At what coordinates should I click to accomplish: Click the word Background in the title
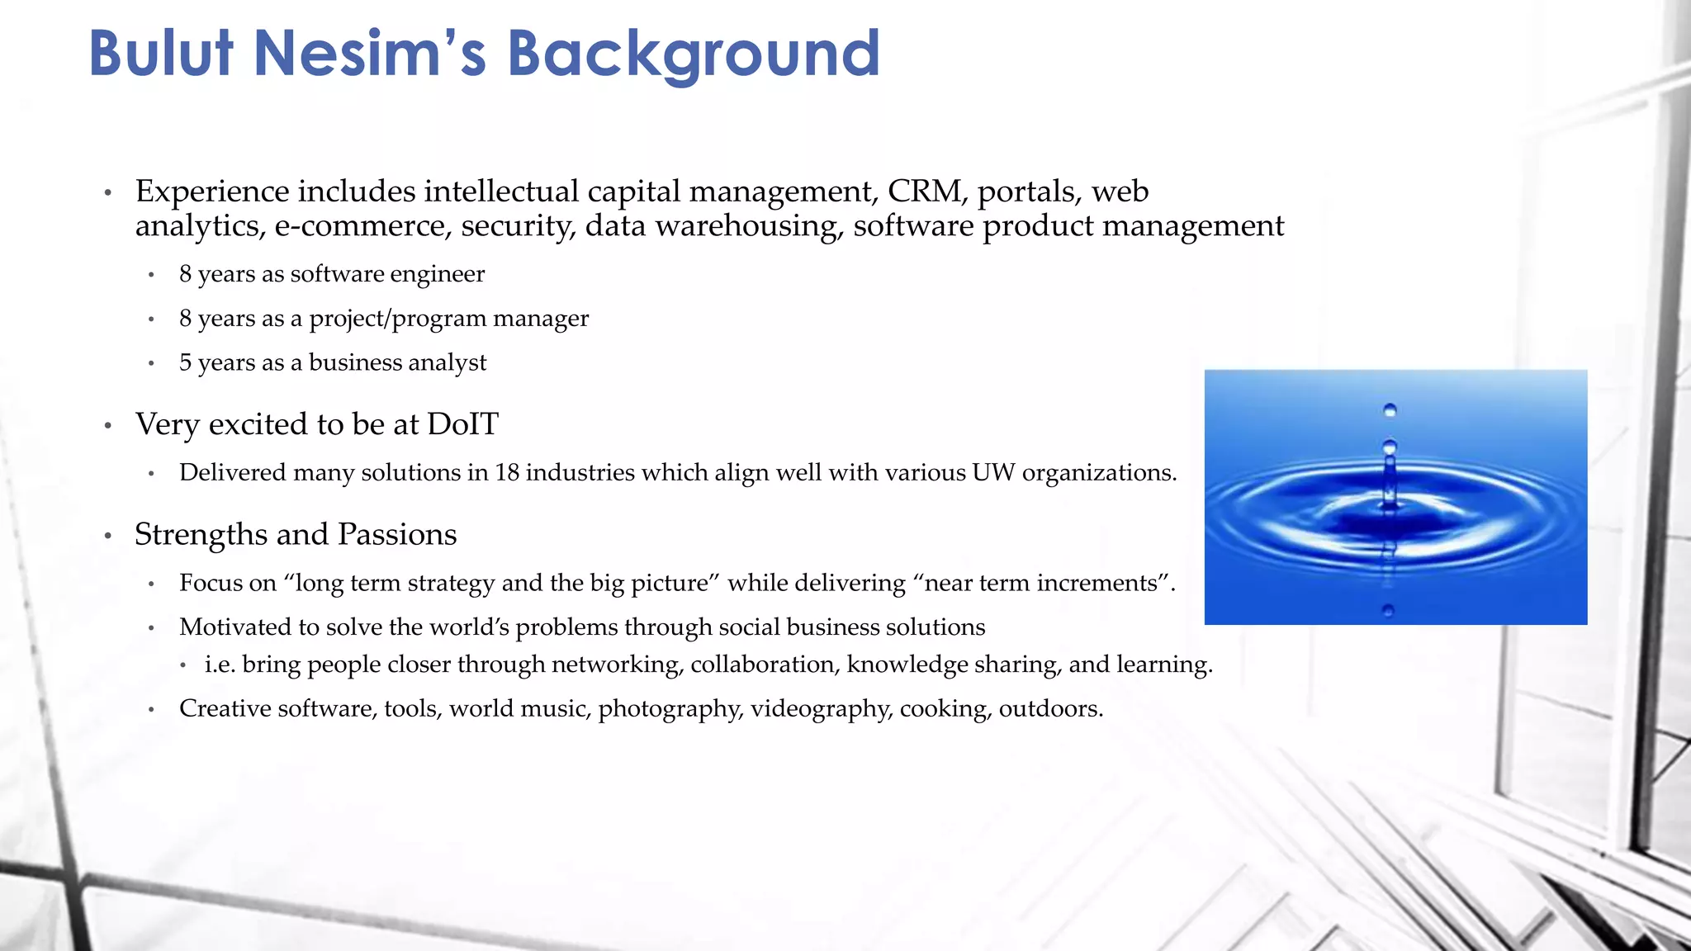click(693, 54)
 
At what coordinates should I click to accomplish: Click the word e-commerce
click(363, 226)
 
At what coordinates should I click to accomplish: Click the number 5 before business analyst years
click(186, 362)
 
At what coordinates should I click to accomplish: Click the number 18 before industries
click(507, 472)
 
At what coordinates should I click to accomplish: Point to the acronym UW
click(992, 472)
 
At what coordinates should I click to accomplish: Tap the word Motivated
click(235, 627)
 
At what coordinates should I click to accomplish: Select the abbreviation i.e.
click(220, 665)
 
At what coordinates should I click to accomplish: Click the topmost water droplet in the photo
click(1390, 410)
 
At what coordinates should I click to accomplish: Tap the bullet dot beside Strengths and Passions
click(108, 537)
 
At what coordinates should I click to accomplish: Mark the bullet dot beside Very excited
click(108, 426)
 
